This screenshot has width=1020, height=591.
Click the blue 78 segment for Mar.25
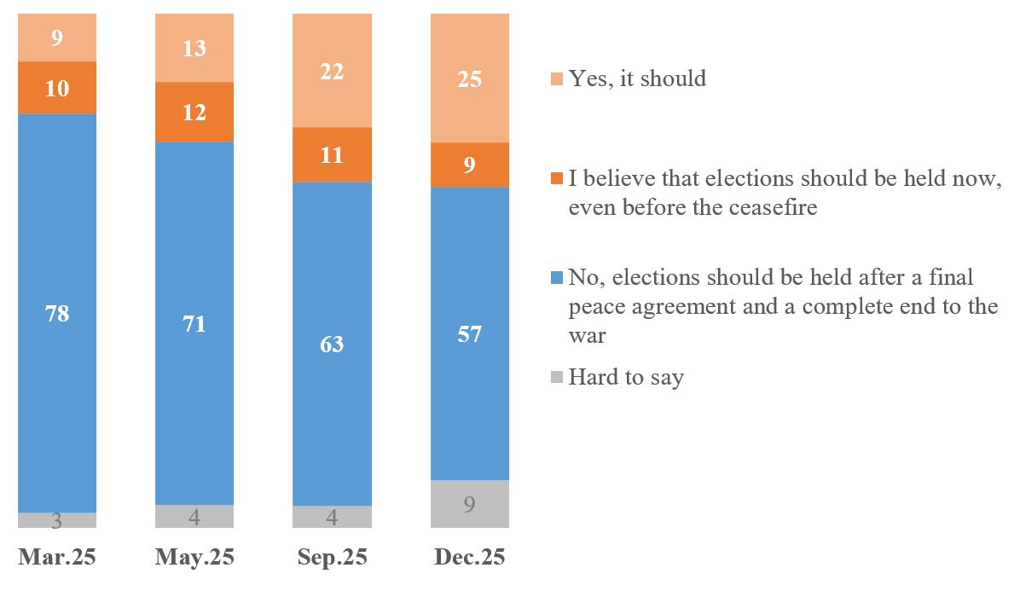[57, 313]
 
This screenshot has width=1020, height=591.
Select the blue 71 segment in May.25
[194, 323]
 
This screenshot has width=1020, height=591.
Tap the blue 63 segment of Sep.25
[332, 344]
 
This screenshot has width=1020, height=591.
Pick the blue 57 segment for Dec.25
[470, 333]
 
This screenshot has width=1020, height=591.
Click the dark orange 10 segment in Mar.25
[57, 88]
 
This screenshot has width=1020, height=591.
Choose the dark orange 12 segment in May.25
[194, 112]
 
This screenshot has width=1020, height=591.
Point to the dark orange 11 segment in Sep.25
[332, 154]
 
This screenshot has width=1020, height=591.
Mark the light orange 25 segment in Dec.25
[470, 78]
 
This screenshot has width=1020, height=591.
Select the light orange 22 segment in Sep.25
[332, 72]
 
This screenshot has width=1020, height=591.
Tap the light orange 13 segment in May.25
[194, 49]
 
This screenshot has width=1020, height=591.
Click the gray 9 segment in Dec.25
[470, 504]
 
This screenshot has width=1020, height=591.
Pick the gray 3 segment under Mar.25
[57, 520]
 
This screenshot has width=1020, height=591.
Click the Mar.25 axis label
[57, 558]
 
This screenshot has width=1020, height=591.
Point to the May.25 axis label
[194, 558]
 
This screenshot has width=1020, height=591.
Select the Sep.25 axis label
[332, 558]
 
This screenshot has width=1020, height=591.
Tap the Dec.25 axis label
[470, 558]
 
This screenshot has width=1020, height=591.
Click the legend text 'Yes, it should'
[637, 78]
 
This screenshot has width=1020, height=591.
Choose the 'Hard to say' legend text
[626, 377]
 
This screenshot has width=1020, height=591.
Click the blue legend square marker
[557, 277]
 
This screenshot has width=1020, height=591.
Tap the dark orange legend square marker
[557, 179]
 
